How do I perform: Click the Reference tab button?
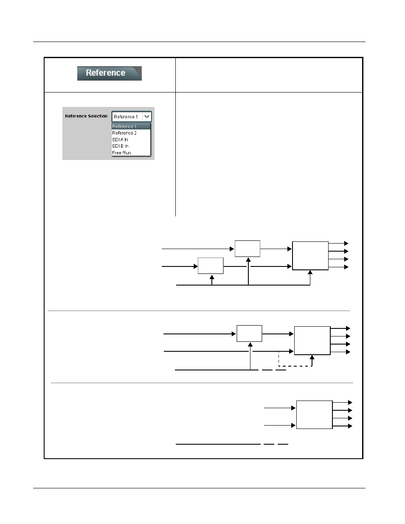click(109, 73)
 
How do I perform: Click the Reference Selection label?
click(86, 116)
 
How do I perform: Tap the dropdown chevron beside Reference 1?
click(147, 117)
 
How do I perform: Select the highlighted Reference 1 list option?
click(130, 126)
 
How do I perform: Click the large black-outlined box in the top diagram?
click(310, 255)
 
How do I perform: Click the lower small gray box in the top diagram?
click(211, 266)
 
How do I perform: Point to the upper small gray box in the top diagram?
click(247, 248)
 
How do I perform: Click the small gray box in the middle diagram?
click(249, 333)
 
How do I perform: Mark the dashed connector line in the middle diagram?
click(295, 366)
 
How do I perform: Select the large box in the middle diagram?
click(312, 340)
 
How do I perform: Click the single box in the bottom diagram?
click(314, 415)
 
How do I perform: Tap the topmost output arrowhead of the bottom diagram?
click(350, 402)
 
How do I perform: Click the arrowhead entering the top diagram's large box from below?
click(310, 272)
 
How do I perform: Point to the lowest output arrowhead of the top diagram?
click(346, 267)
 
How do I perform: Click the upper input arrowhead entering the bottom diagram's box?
click(293, 408)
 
